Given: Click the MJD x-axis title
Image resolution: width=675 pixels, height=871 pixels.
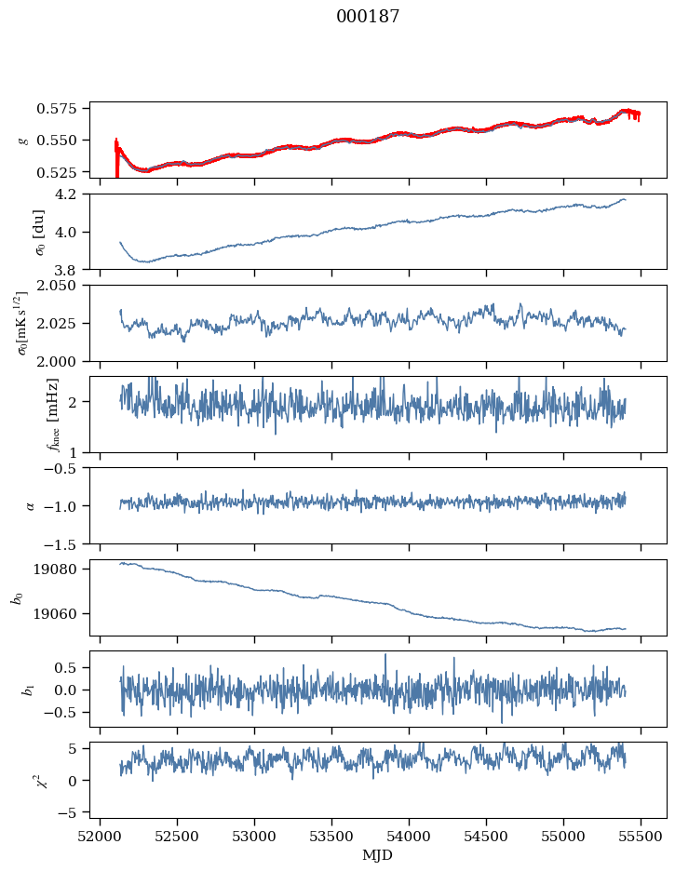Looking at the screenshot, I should [x=378, y=855].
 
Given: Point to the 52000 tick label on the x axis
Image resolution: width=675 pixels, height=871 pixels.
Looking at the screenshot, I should [x=101, y=837].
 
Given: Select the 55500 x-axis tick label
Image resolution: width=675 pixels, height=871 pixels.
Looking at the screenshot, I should [x=641, y=837].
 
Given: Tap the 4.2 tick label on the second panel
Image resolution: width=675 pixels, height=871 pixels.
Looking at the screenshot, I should [x=74, y=194].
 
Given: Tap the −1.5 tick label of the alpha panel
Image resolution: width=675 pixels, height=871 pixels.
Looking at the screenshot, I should [x=67, y=543].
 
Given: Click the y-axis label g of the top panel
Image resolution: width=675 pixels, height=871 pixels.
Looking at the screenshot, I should [x=23, y=140].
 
